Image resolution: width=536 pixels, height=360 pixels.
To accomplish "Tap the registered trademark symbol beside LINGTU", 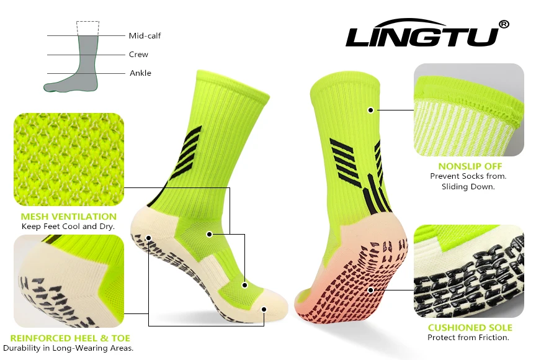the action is (504, 24).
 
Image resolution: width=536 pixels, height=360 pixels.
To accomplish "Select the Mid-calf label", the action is (145, 36).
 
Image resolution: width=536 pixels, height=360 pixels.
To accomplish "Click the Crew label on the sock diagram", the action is (138, 55).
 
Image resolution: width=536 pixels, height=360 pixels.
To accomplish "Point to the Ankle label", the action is (140, 73).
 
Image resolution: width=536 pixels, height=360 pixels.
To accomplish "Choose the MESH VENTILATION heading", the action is (68, 217).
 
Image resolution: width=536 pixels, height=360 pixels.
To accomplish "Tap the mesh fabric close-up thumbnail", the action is (68, 159).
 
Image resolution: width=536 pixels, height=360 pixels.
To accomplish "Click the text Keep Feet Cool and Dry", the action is (68, 227).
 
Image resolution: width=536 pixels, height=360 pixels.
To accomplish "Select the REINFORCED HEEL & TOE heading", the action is (70, 338).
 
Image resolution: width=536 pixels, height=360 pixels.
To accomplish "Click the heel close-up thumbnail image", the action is (68, 281).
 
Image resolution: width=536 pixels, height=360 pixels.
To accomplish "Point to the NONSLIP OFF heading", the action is (470, 166).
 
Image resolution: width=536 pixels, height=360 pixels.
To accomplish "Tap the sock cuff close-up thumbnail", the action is (469, 110).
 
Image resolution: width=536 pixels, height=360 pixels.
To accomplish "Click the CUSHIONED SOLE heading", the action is (470, 328).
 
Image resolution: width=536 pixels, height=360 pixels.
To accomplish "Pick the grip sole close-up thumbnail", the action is (469, 271).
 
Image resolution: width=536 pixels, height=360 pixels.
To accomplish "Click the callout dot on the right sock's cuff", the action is (370, 110).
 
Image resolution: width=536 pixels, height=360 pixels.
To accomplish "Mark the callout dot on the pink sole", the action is (370, 289).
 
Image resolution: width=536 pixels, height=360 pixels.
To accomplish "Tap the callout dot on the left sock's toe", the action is (264, 308).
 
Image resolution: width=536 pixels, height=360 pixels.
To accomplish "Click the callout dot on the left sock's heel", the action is (148, 238).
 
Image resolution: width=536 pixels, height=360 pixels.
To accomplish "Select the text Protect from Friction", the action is (468, 338).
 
